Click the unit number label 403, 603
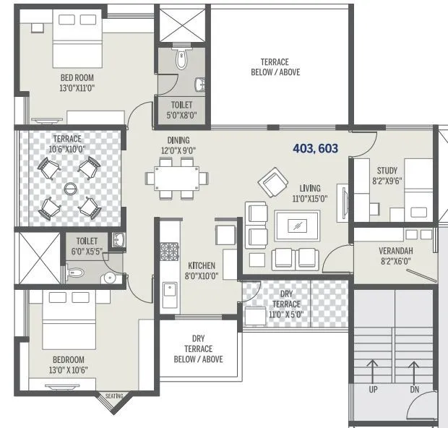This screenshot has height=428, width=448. (315, 149)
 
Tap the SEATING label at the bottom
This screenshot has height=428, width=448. (115, 396)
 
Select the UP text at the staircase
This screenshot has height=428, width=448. (373, 389)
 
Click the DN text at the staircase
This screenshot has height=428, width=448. (414, 389)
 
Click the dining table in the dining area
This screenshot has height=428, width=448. (176, 177)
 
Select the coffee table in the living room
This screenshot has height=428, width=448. (296, 226)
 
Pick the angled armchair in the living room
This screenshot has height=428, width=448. (272, 182)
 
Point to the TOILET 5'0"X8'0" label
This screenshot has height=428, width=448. (181, 110)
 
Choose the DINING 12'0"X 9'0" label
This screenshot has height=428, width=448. (178, 145)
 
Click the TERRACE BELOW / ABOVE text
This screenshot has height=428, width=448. (275, 67)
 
